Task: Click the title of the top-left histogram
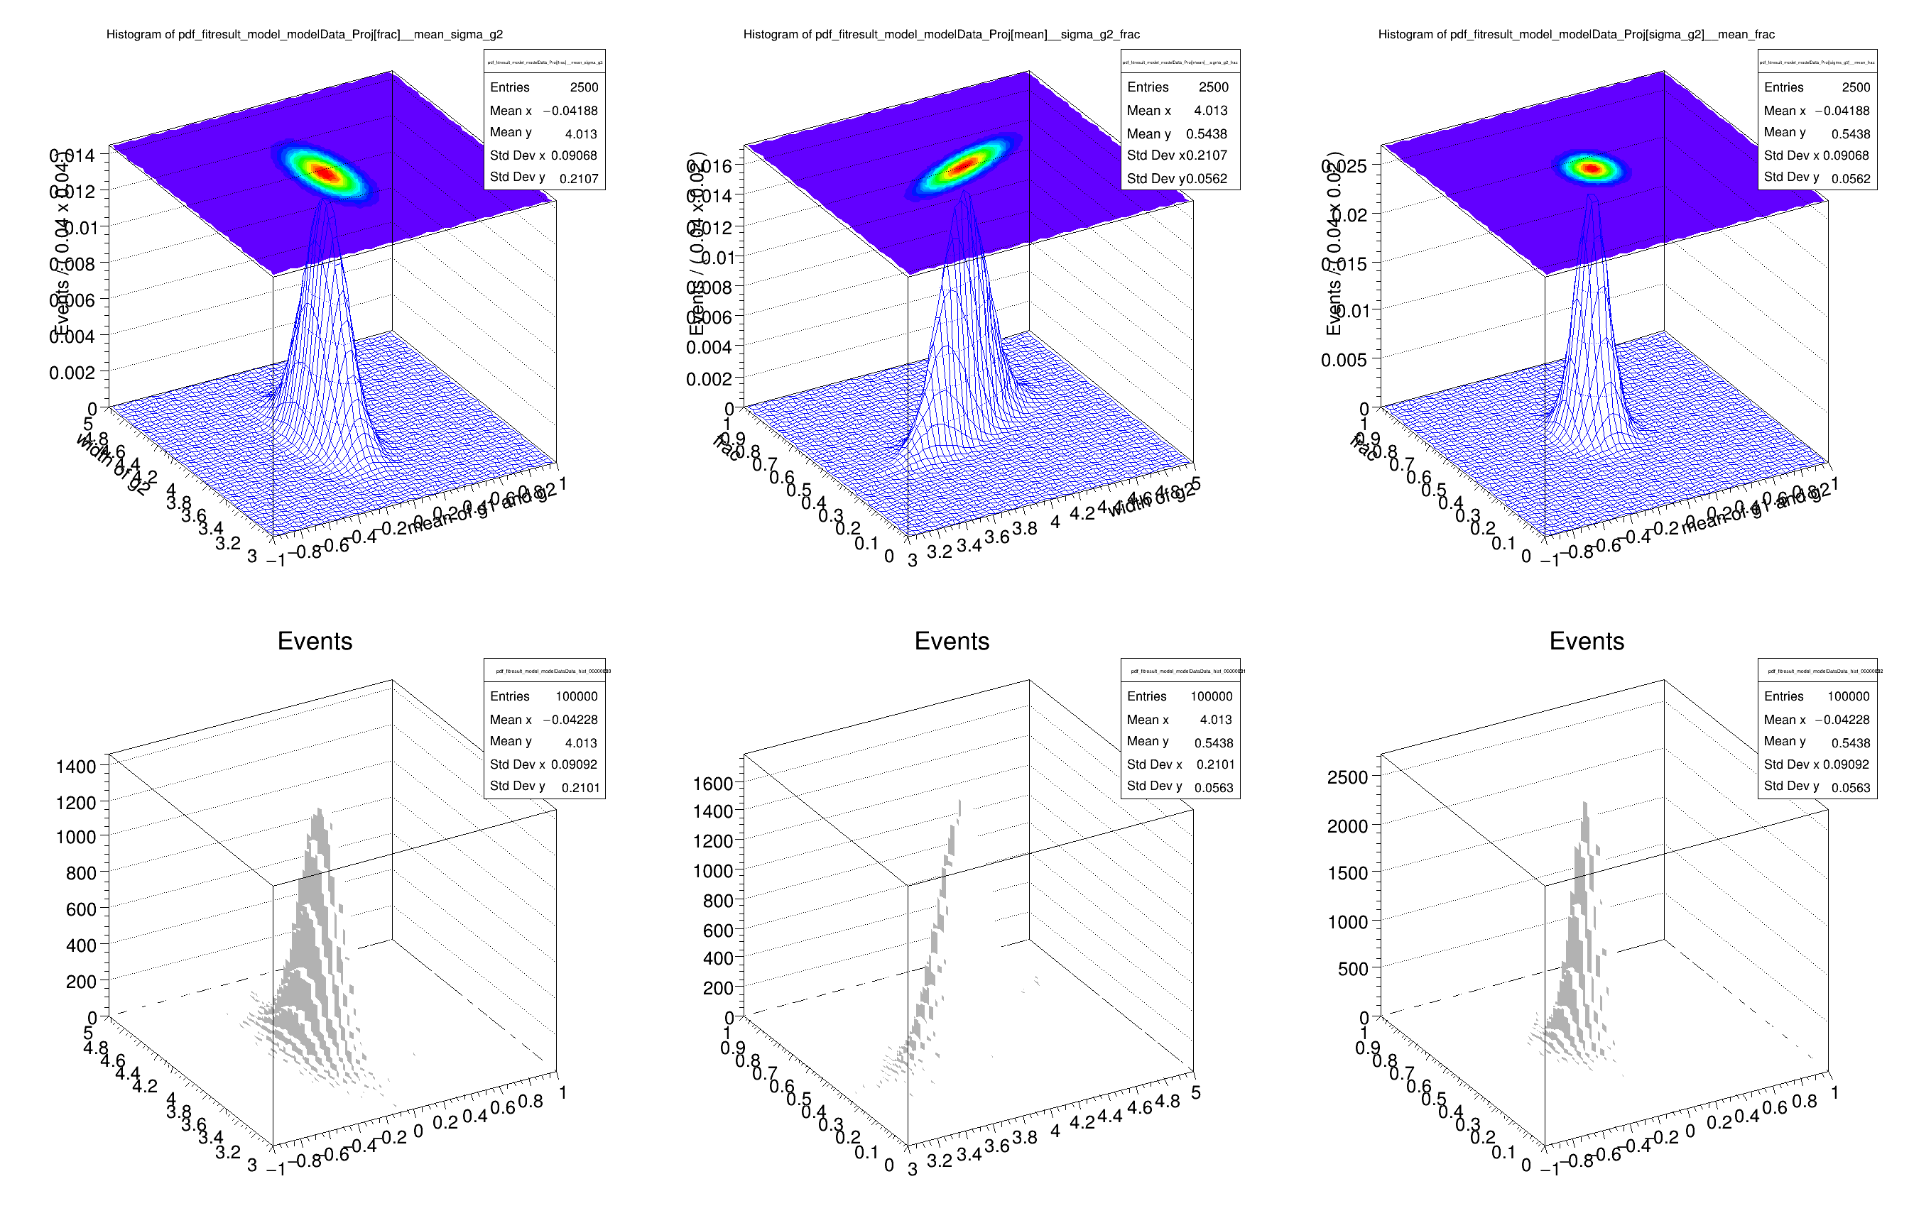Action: point(305,34)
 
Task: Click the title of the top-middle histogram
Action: point(941,34)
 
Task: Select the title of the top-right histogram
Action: point(1576,34)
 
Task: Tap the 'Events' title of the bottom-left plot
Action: point(315,641)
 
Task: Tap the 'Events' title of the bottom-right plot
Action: point(1587,641)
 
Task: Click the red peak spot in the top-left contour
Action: point(325,172)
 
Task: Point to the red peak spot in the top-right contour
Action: point(1591,168)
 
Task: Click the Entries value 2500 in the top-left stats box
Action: point(584,87)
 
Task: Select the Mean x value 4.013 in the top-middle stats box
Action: point(1211,111)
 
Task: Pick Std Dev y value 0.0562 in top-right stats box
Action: point(1850,179)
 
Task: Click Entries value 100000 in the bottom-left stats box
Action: point(577,696)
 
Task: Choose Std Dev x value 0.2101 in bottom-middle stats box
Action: point(1214,764)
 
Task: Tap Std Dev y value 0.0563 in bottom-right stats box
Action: point(1850,788)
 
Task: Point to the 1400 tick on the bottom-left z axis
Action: point(75,767)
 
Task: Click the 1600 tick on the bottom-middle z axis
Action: point(713,784)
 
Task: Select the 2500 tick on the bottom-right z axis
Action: point(1348,777)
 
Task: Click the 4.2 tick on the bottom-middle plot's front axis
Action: point(1082,1122)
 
